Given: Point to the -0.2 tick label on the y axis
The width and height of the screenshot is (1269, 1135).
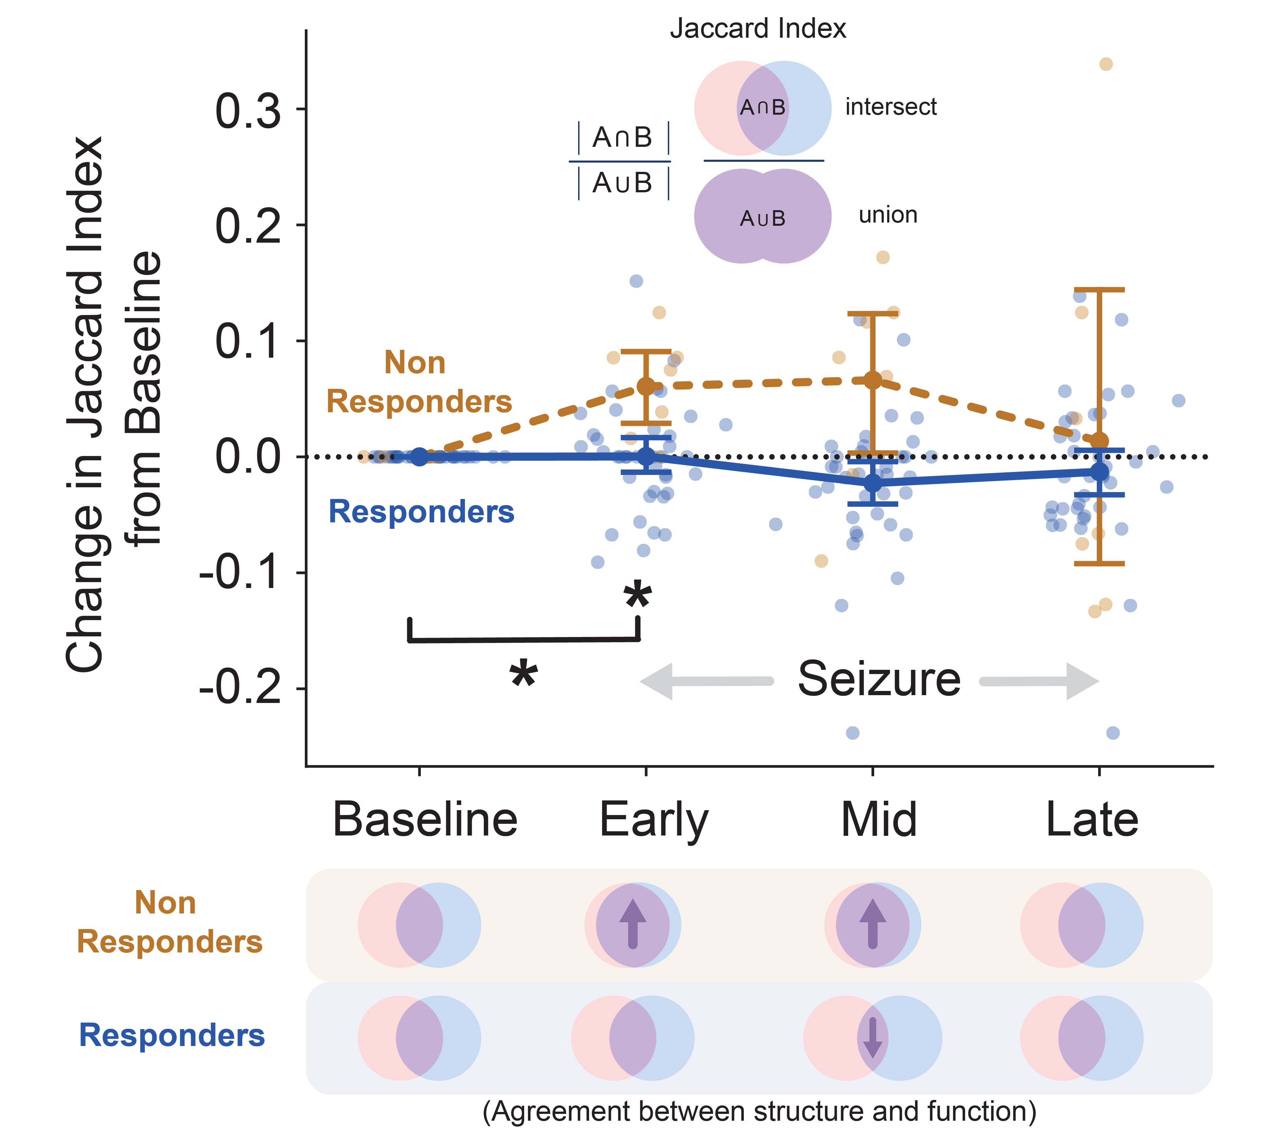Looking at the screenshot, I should pos(240,689).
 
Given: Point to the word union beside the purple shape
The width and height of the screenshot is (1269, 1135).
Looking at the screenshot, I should pos(888,215).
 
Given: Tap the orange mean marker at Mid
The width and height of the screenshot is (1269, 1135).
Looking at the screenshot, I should pos(873,380).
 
